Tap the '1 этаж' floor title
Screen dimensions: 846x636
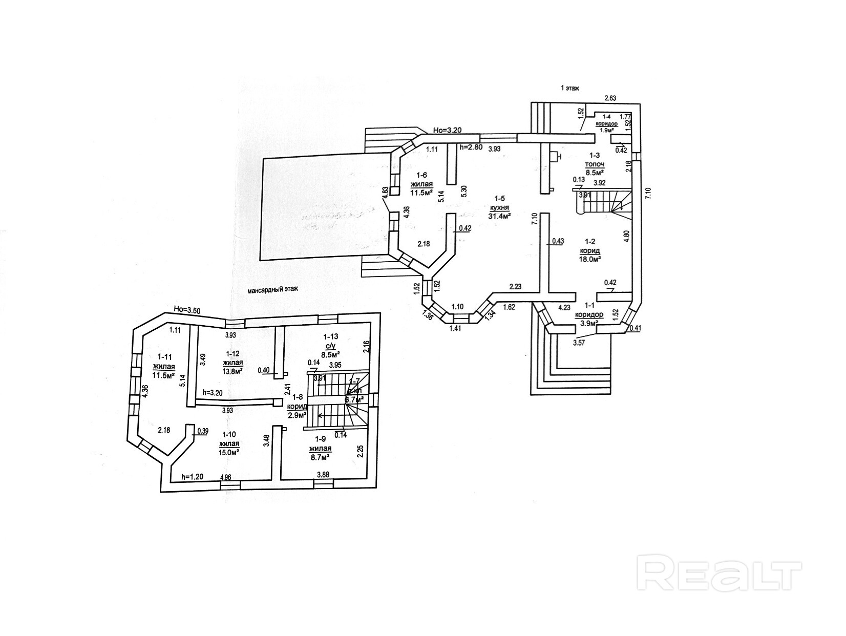click(569, 88)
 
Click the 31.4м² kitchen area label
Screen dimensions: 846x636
click(500, 216)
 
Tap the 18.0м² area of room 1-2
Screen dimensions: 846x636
click(590, 259)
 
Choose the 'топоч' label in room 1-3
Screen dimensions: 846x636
click(596, 164)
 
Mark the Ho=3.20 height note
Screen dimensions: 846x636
click(447, 130)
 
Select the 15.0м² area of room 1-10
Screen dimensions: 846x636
click(229, 452)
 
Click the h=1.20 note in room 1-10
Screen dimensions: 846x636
click(192, 477)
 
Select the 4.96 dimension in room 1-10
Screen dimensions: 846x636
click(225, 477)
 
